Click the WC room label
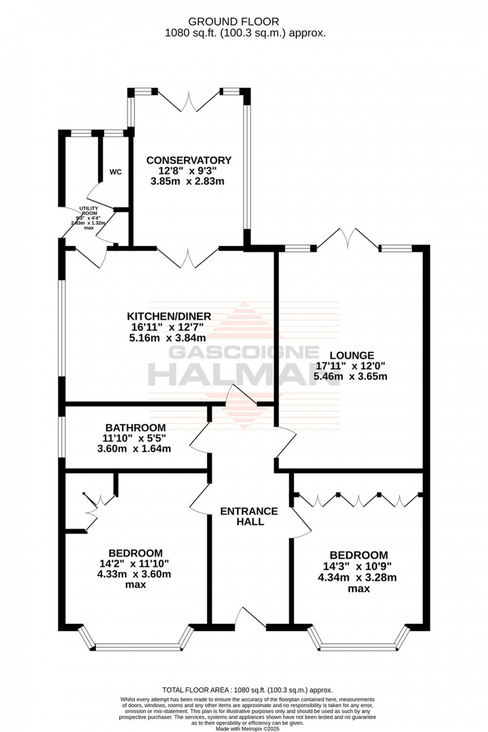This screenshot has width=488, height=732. click(x=116, y=172)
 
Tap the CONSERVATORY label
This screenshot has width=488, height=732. click(x=188, y=160)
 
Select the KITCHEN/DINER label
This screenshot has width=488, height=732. click(x=169, y=316)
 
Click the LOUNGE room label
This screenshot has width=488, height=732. click(x=352, y=356)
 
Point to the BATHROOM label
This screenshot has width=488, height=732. click(x=135, y=428)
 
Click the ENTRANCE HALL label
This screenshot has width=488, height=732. click(x=249, y=516)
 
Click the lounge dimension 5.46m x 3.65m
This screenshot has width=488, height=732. click(x=350, y=376)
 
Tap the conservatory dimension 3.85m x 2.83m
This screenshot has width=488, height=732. click(x=187, y=181)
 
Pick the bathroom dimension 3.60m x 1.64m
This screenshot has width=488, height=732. click(x=134, y=449)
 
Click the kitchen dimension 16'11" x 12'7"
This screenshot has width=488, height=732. click(x=168, y=327)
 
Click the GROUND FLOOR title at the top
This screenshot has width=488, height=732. click(x=233, y=21)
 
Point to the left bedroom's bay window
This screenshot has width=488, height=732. click(x=135, y=646)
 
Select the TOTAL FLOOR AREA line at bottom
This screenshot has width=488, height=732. click(x=247, y=690)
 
